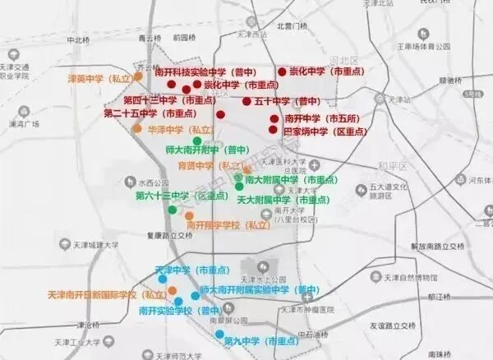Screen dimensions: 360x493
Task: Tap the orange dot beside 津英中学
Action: coord(138,76)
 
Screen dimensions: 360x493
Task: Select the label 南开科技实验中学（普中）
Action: coord(204,72)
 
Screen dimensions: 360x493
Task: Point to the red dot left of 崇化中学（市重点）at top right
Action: coord(282,72)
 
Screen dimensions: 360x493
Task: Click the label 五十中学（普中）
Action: coord(286,102)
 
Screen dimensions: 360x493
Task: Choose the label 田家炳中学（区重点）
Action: coord(325,131)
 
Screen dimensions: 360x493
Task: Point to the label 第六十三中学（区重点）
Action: coord(182,196)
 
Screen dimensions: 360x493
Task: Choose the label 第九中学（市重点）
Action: coord(261,340)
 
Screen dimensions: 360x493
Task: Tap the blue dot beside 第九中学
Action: coord(219,335)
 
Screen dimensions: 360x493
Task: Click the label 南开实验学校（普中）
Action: coord(180,311)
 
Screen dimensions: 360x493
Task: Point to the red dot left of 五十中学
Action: coord(246,102)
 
